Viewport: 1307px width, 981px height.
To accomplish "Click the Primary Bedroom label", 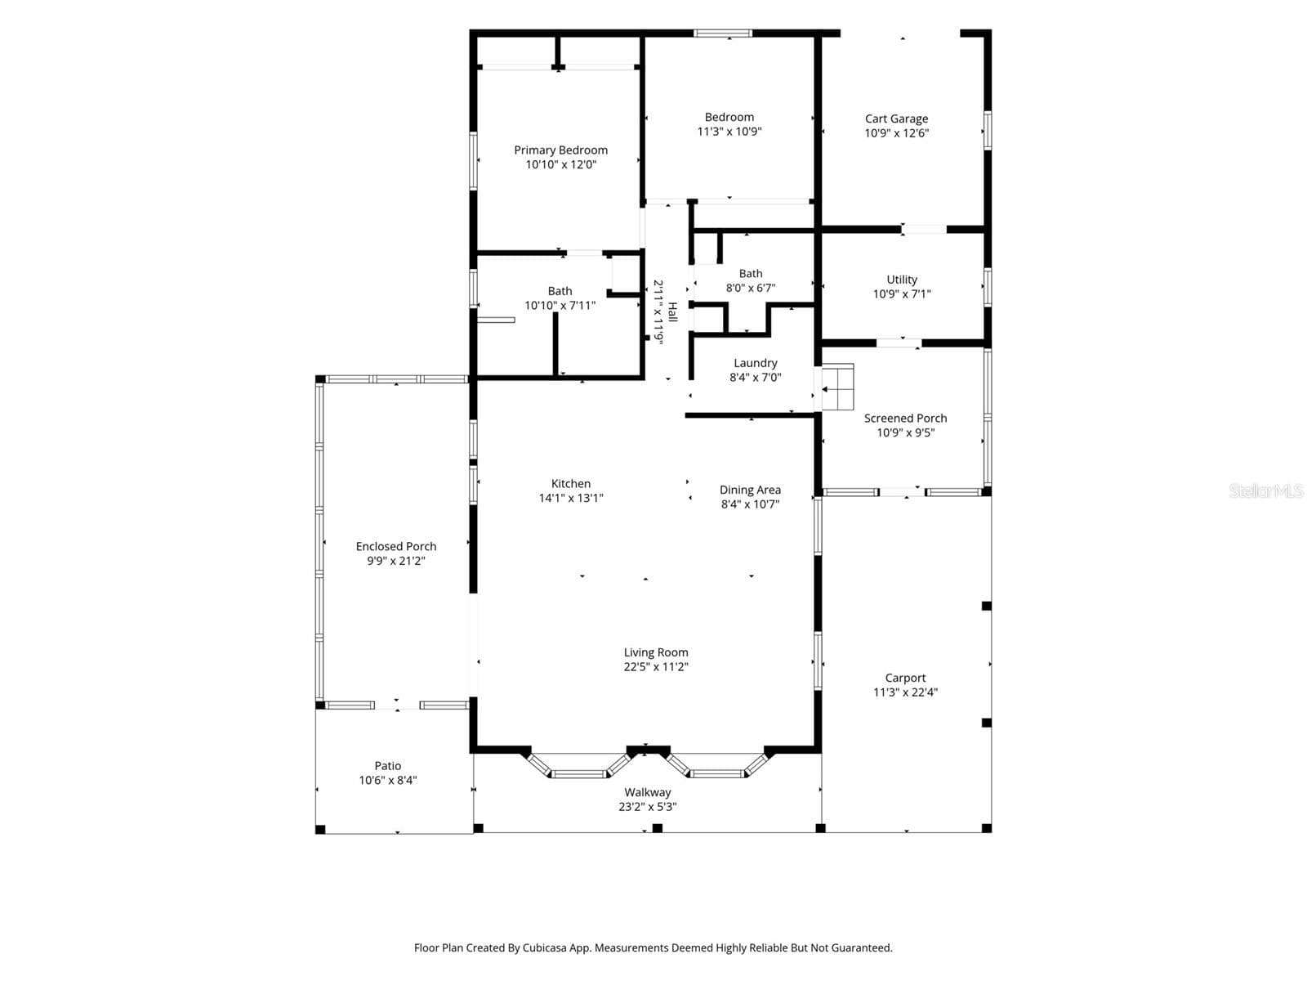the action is click(560, 150).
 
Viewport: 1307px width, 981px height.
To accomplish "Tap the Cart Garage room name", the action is click(896, 119).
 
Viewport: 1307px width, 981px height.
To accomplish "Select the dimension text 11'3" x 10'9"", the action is click(729, 131).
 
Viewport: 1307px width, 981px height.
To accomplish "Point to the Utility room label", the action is click(902, 280).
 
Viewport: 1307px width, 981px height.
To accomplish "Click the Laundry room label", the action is click(755, 363).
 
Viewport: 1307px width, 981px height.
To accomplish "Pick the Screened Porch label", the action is click(905, 418).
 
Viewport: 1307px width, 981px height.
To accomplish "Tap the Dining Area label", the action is click(750, 490).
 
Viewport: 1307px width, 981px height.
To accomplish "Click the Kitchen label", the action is click(570, 484).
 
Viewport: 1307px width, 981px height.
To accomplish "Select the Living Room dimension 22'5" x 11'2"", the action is click(656, 666).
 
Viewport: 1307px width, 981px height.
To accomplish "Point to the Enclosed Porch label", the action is click(396, 546).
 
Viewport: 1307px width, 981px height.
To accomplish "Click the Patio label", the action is click(388, 765).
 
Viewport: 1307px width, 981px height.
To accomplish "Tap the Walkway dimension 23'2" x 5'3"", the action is click(647, 807).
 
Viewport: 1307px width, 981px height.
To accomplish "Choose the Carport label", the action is click(905, 678).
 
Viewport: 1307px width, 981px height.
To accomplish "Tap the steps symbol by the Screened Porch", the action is click(838, 387).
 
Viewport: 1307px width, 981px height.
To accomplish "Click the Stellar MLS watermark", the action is click(1266, 490).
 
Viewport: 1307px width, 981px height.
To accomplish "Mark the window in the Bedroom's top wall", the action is click(723, 34).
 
